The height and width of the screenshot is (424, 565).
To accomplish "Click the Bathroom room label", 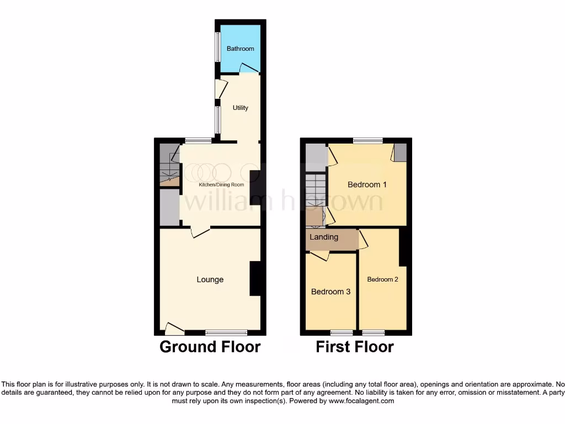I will tap(241, 49).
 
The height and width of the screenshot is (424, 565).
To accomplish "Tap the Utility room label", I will tap(240, 108).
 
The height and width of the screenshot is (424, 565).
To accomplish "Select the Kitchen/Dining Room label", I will tap(221, 184).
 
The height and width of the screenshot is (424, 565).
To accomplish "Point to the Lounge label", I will tap(210, 279).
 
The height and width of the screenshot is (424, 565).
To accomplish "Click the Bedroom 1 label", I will tap(367, 184).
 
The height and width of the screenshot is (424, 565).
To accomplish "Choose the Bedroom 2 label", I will tap(382, 279).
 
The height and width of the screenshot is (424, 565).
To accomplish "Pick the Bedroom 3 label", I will tap(331, 291).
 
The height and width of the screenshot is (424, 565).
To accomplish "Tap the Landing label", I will tap(324, 237).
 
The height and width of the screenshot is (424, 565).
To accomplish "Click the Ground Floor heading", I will tap(210, 347).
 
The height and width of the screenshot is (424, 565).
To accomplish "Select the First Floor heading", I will tap(354, 347).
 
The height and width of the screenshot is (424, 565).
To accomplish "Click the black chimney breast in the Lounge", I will tap(255, 278).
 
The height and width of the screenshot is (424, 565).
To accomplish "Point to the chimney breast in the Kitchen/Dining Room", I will tap(255, 188).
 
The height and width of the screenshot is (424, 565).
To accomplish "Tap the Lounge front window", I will tap(226, 332).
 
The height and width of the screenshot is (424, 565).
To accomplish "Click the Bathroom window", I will tap(217, 47).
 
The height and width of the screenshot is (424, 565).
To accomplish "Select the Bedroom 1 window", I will tap(367, 141).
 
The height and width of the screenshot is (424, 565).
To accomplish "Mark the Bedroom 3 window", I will tap(342, 332).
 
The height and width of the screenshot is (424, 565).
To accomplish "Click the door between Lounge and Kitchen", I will tap(200, 231).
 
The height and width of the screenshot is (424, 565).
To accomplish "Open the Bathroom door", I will tap(249, 68).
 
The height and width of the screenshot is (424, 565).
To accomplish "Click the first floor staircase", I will tap(316, 190).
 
